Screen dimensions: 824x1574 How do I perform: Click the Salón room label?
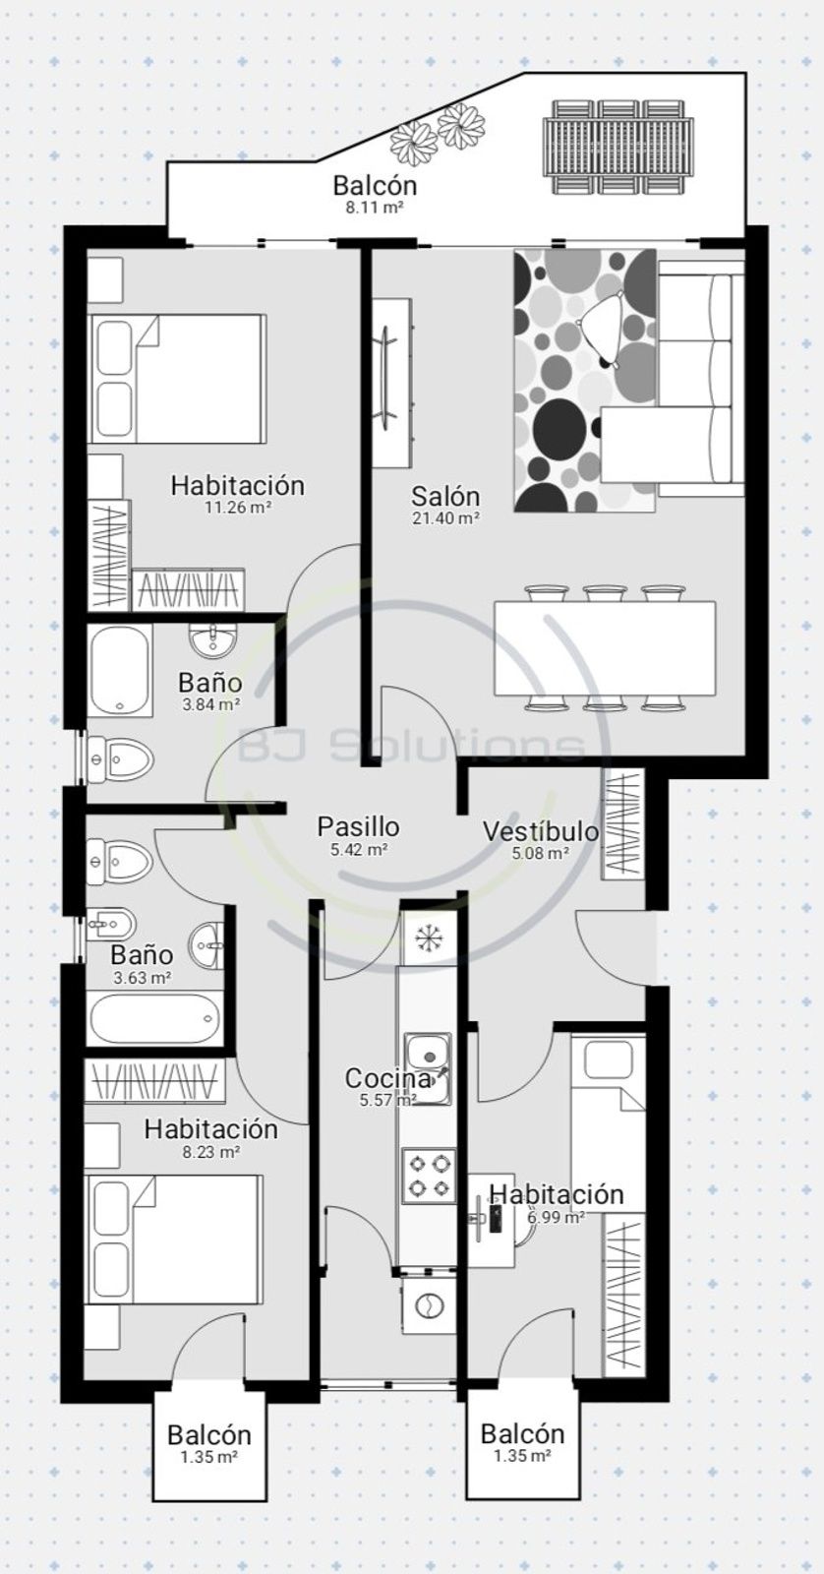point(445,496)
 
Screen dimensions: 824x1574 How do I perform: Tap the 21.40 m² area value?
point(445,518)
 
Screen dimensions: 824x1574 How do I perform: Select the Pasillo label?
point(358,827)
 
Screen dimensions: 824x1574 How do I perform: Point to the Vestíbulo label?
point(541,831)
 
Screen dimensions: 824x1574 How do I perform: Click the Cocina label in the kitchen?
point(387,1078)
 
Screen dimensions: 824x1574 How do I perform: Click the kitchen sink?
point(428,1068)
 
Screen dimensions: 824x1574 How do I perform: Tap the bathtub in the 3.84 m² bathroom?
point(121,670)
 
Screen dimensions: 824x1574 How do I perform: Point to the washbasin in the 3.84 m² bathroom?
point(212,640)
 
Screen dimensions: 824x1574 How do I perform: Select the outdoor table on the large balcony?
point(618,147)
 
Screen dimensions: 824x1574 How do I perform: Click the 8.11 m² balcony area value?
point(375,208)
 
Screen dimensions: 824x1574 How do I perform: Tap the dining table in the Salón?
point(605,647)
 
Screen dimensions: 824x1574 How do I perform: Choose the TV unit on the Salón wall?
point(390,384)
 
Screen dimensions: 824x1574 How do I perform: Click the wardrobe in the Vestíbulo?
point(622,822)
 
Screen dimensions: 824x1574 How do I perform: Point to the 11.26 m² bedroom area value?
point(238,507)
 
